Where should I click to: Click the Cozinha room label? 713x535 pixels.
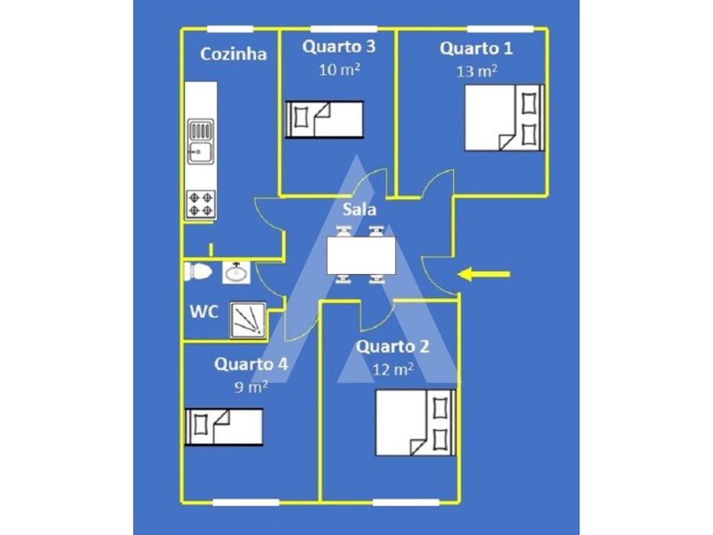tap(233, 53)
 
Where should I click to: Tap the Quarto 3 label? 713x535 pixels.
tap(339, 46)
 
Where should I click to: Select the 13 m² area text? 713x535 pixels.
tap(477, 71)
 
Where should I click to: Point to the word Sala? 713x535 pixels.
tap(359, 210)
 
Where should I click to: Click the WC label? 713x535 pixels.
tap(204, 312)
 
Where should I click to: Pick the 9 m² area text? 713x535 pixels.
tap(250, 386)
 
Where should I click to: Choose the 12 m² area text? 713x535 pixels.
tap(393, 369)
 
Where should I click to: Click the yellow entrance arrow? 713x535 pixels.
tap(484, 274)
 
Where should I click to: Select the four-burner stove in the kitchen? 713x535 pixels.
tap(201, 204)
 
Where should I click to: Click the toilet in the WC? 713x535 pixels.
tap(198, 272)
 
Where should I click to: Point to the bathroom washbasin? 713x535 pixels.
tap(236, 273)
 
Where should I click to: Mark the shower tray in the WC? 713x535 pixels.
tap(248, 320)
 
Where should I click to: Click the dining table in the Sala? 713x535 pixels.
tap(361, 256)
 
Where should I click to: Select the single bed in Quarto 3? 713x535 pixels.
tap(325, 119)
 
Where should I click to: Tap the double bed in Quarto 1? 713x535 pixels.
tap(504, 118)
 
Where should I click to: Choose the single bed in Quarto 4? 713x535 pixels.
tap(224, 427)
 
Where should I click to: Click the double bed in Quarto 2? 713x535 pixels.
tap(416, 423)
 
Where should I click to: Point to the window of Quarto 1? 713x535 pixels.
tap(500, 29)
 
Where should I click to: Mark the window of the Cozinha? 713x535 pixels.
tap(230, 29)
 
